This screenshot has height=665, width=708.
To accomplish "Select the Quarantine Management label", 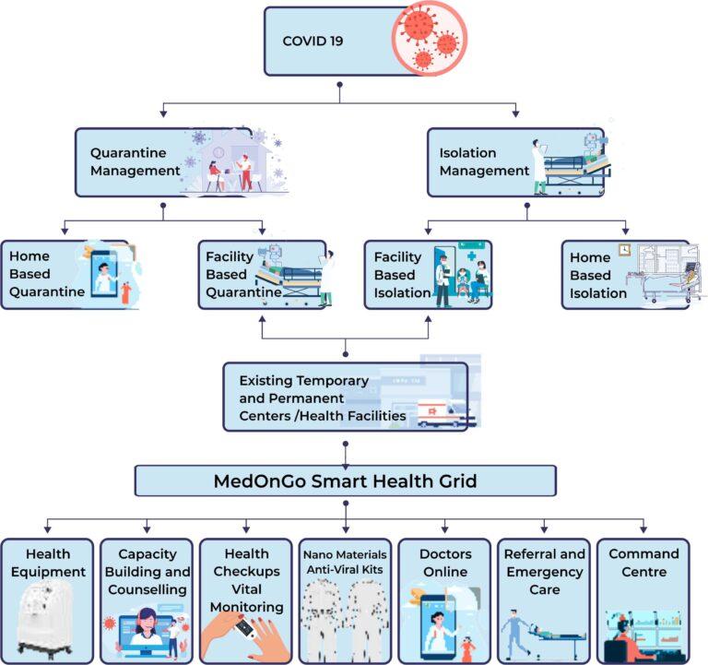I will coord(136,161).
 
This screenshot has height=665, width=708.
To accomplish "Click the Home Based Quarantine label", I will coord(42,275).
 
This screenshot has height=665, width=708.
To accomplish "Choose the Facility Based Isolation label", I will coord(399,275).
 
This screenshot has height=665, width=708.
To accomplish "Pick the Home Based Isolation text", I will coord(598,275).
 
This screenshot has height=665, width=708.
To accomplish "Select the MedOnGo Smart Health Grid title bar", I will coord(346,481).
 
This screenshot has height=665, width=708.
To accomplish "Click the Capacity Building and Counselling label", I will coord(147,572).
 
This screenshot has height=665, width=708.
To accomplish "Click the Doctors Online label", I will coord(444,563).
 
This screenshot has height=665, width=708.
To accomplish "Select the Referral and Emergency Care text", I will coord(545,572).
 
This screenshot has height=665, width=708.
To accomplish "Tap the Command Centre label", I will coord(643,563).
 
